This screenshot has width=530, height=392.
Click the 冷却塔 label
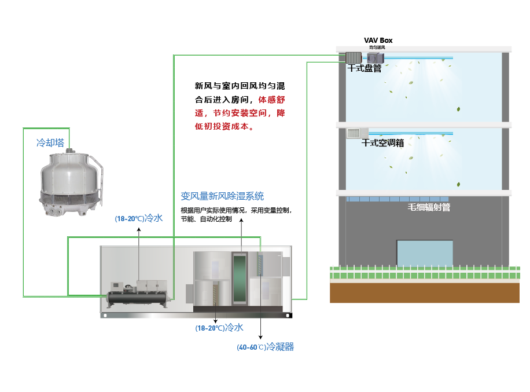click(50, 143)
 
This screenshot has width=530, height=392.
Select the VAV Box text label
click(378, 40)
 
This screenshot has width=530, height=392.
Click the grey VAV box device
click(375, 58)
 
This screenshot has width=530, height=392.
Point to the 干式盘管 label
click(364, 68)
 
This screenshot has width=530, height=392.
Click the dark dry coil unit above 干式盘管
click(352, 57)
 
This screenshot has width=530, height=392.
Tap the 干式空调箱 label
click(382, 143)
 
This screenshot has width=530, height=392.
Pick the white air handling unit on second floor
click(356, 133)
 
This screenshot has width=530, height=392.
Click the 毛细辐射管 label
click(429, 207)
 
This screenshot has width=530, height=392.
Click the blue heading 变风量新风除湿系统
click(222, 196)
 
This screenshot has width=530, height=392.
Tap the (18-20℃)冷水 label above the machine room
click(139, 218)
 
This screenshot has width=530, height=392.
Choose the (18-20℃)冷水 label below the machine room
click(219, 328)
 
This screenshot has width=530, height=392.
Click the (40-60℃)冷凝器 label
click(265, 347)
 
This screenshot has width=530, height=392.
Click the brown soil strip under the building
click(425, 293)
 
